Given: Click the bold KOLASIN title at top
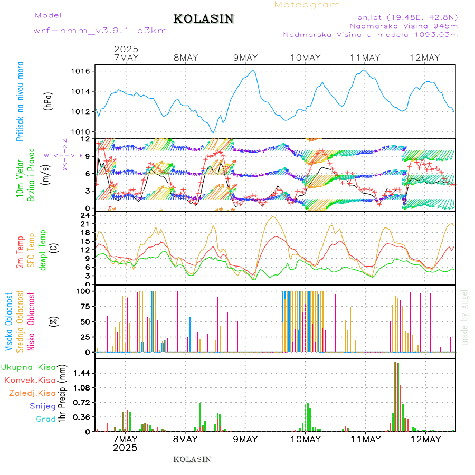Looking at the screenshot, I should (203, 19).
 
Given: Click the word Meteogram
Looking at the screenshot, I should (307, 5).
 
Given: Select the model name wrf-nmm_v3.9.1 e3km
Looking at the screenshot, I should (100, 31).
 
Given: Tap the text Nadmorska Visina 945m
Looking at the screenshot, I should (403, 25).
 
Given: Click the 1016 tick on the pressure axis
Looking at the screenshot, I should (83, 71).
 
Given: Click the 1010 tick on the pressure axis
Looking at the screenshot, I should (83, 131).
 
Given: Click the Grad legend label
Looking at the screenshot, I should (45, 419).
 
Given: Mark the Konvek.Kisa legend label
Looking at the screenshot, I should (30, 380).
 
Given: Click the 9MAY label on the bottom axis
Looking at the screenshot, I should (245, 439).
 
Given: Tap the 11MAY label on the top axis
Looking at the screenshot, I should (365, 58).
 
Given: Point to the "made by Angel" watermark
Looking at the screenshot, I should (465, 317).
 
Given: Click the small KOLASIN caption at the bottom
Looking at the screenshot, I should (192, 459).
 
